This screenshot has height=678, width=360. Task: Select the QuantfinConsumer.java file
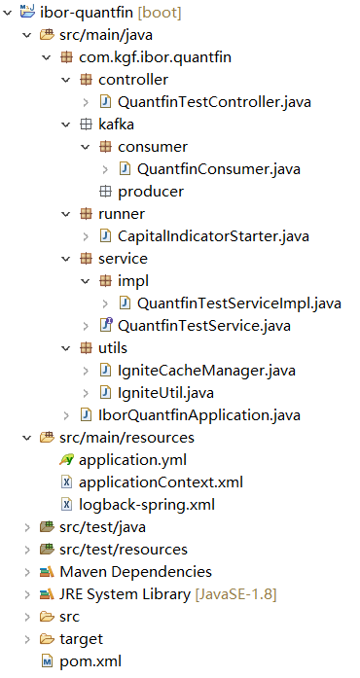[218, 169]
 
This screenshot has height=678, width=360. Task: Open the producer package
[150, 192]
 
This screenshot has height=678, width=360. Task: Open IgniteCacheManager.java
[205, 371]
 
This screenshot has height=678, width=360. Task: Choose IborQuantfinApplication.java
[198, 415]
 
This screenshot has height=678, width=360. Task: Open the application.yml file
[132, 459]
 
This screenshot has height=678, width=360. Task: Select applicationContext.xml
[161, 482]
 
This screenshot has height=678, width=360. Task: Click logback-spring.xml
[146, 505]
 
